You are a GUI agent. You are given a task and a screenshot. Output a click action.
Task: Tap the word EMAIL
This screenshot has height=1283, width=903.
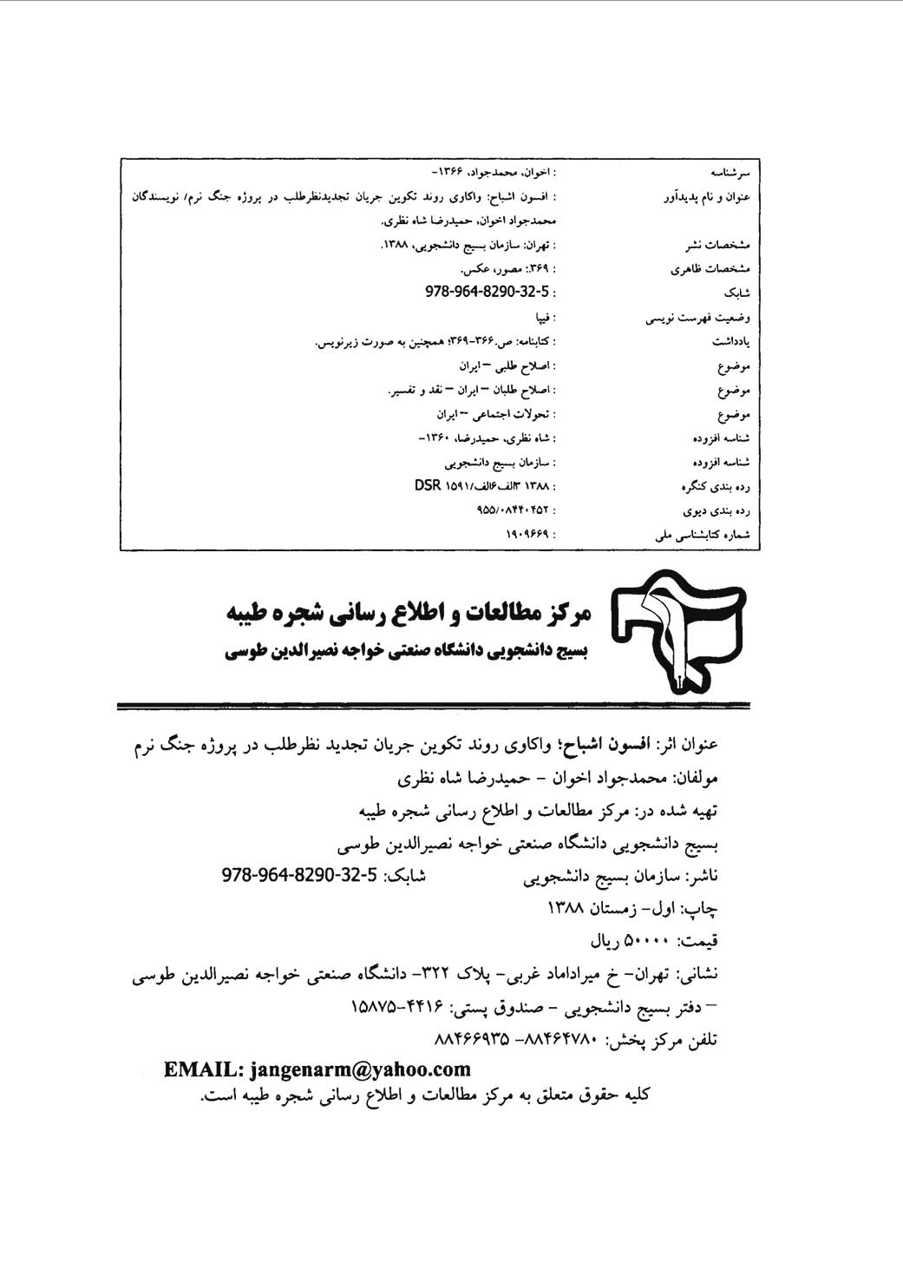click(x=195, y=1069)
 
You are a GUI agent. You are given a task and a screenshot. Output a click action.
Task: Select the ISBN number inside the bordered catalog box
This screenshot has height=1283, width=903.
click(x=487, y=291)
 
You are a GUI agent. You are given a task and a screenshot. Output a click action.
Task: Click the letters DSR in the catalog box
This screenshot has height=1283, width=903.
click(x=428, y=485)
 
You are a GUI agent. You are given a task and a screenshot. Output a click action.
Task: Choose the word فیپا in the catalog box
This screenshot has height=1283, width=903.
click(x=546, y=317)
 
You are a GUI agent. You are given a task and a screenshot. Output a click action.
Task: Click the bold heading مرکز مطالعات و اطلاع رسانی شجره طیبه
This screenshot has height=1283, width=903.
click(x=409, y=614)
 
